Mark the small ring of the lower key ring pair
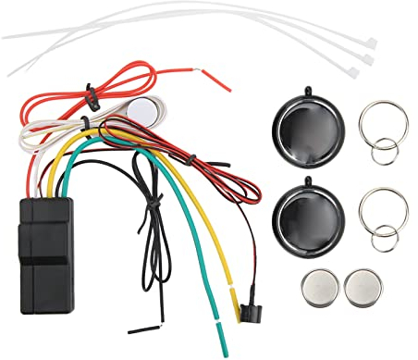(x=385, y=240)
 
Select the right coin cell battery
(x=363, y=287)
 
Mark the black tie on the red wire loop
(x=91, y=93)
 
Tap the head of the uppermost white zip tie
(x=371, y=43)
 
